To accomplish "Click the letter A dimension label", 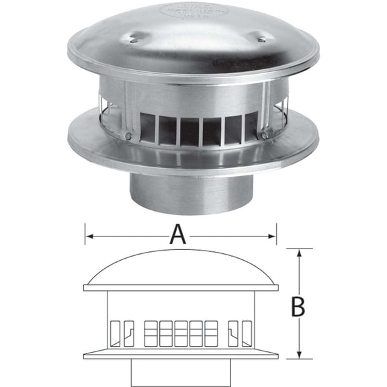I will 177,234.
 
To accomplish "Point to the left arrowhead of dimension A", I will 87,236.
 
